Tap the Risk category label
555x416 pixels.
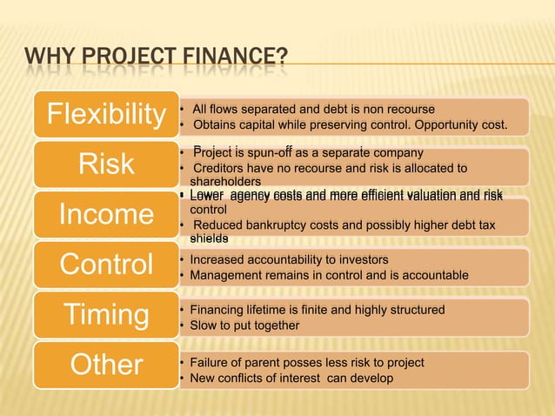[x=106, y=165]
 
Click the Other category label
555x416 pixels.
[x=107, y=364]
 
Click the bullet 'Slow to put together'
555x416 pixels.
[x=238, y=325]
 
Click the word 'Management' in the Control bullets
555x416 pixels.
[x=222, y=275]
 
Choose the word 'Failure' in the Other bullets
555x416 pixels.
[x=209, y=362]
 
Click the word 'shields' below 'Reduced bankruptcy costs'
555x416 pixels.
[x=208, y=238]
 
